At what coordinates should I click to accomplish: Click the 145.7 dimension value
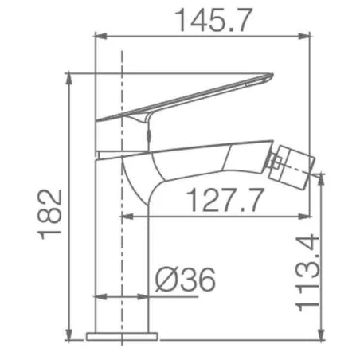click(214, 20)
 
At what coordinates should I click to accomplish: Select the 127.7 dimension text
click(225, 200)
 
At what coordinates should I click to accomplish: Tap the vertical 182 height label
click(49, 214)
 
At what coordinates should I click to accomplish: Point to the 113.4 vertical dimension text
click(307, 272)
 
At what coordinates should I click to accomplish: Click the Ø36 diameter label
click(186, 280)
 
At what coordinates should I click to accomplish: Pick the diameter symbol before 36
click(166, 280)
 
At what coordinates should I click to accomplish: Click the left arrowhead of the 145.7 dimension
click(101, 36)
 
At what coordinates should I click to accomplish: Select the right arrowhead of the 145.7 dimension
click(304, 36)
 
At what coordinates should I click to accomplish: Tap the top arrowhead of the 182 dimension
click(68, 79)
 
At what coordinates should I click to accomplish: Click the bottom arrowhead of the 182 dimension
click(68, 334)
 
